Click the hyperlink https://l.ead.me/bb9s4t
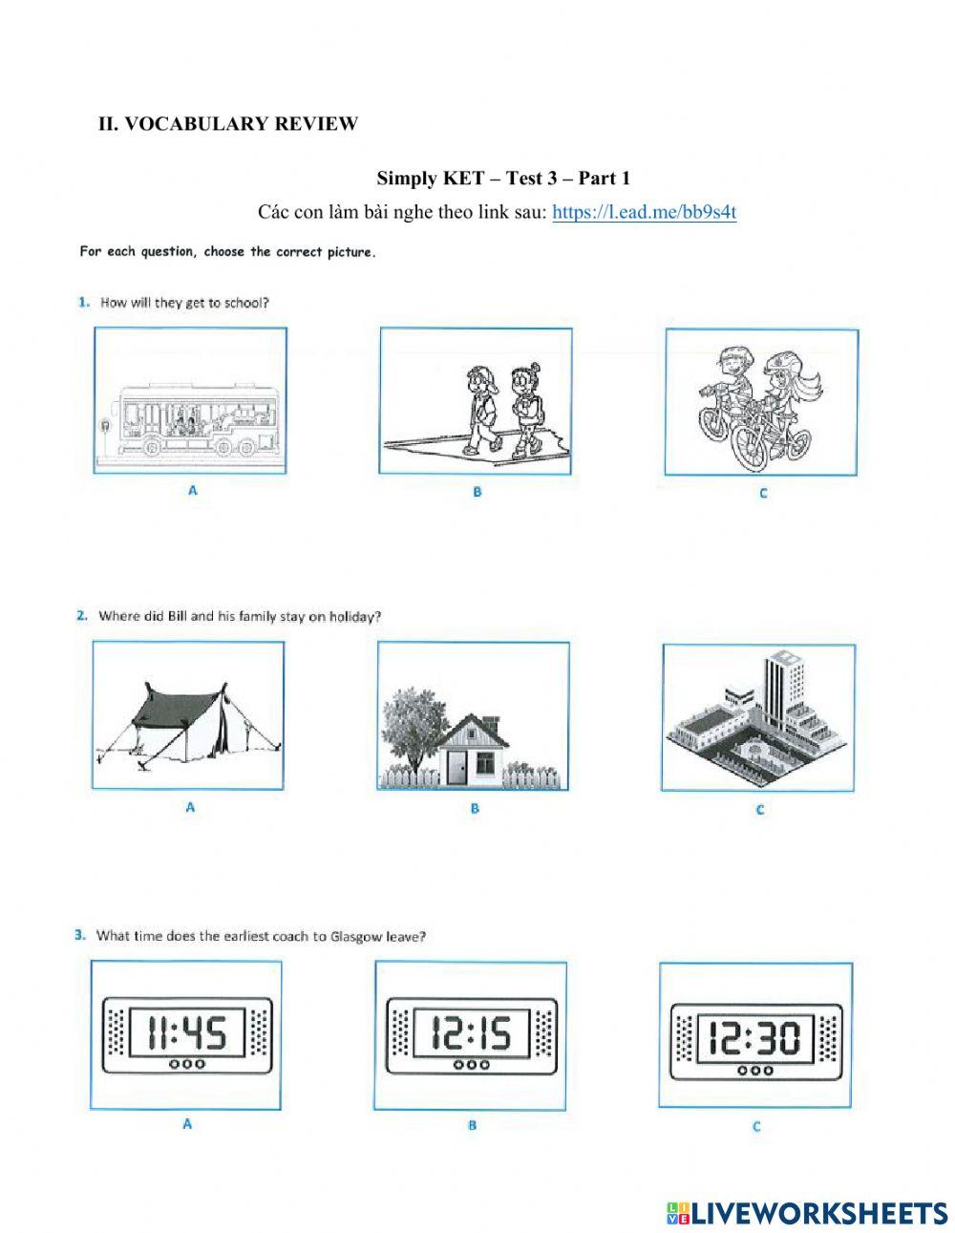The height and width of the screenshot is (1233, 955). click(x=644, y=212)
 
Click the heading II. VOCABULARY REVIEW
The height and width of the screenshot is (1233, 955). click(x=228, y=124)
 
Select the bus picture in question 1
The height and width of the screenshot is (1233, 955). click(x=190, y=401)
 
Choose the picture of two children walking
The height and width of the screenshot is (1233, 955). click(x=476, y=401)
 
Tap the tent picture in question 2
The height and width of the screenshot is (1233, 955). click(x=188, y=716)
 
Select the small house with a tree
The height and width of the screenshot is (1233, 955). click(x=473, y=716)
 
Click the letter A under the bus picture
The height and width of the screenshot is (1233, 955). click(x=192, y=490)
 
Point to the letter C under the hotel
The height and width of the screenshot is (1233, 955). click(x=760, y=810)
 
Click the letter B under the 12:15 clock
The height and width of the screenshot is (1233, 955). click(x=472, y=1126)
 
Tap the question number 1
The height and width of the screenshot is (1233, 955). click(x=84, y=303)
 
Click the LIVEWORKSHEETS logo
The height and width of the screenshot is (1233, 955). click(x=807, y=1213)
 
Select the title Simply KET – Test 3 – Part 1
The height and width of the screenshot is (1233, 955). click(x=503, y=179)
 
